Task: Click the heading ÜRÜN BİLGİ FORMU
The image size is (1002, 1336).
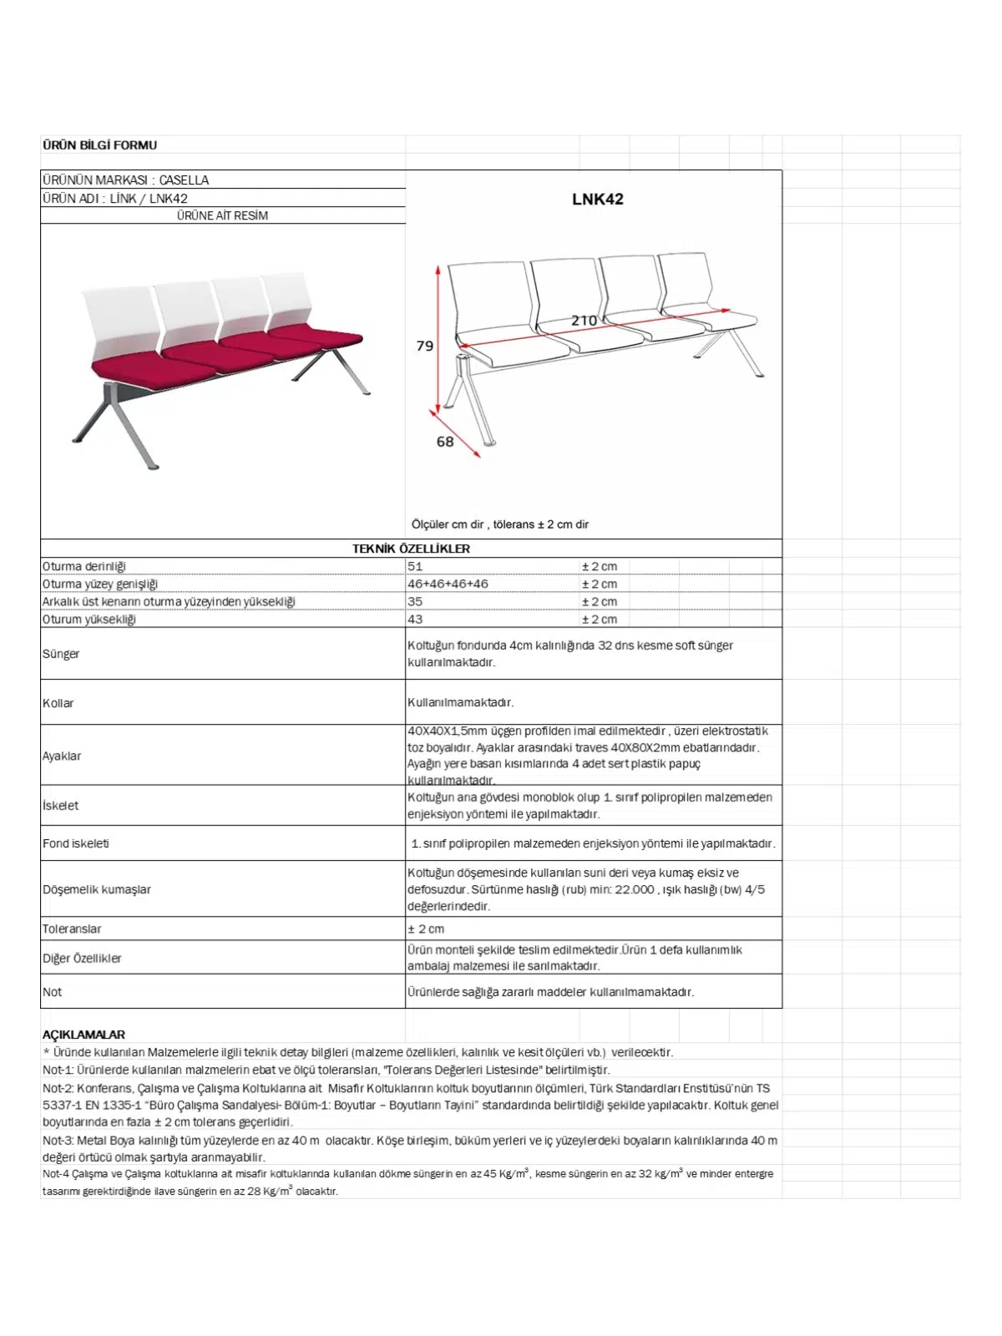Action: click(99, 145)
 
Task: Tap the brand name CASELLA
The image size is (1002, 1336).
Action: click(184, 180)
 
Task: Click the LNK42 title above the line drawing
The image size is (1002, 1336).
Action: click(597, 200)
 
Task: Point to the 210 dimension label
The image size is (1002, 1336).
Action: click(584, 321)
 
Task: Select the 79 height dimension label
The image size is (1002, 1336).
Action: click(425, 346)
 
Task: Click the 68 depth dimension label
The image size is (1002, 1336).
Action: click(445, 442)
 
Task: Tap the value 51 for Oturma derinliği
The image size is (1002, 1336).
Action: click(415, 566)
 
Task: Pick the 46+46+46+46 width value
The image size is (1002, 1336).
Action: click(448, 584)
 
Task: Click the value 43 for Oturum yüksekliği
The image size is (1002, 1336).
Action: click(415, 620)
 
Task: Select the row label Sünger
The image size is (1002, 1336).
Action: click(61, 654)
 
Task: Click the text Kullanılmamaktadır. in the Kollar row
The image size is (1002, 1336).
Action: click(460, 702)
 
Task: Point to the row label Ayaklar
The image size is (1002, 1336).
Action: click(62, 756)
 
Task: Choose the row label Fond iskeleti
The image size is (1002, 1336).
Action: click(76, 843)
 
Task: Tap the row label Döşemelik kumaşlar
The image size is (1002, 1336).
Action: click(97, 889)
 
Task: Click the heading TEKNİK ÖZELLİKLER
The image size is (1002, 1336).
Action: click(411, 549)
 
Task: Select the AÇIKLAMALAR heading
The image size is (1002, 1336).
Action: click(83, 1035)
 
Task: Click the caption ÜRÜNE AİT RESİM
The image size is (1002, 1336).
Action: click(222, 215)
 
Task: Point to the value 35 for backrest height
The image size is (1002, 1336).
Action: click(415, 601)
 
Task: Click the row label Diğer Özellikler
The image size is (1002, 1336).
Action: click(82, 959)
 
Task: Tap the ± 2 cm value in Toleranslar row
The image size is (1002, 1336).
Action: click(426, 929)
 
